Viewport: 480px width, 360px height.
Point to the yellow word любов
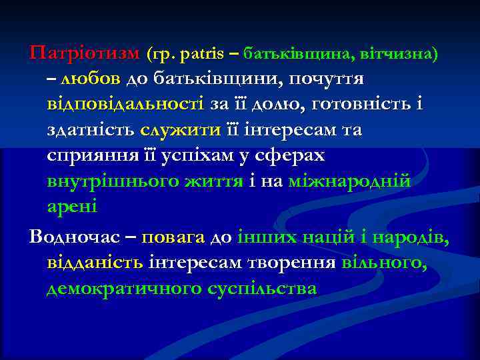click(x=90, y=79)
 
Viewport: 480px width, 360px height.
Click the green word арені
click(x=72, y=207)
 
